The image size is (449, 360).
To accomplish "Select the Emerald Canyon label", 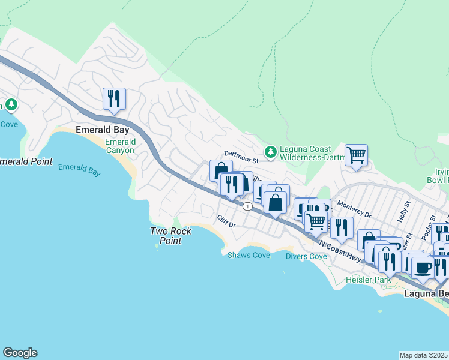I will [120, 146].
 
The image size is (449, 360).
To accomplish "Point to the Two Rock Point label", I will [170, 236].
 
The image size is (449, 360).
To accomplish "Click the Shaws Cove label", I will [249, 255].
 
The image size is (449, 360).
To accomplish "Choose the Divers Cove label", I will [306, 256].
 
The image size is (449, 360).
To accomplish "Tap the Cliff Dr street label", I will [226, 221].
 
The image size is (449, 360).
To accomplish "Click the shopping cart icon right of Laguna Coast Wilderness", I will [356, 155].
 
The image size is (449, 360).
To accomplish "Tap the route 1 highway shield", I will [247, 206].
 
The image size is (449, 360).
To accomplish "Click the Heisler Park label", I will [369, 280].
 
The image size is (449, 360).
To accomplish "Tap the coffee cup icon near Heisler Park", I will [423, 266].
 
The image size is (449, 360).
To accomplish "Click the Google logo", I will [20, 353].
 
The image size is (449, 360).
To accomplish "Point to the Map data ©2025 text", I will [423, 355].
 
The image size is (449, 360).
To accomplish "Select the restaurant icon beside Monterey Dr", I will [342, 227].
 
